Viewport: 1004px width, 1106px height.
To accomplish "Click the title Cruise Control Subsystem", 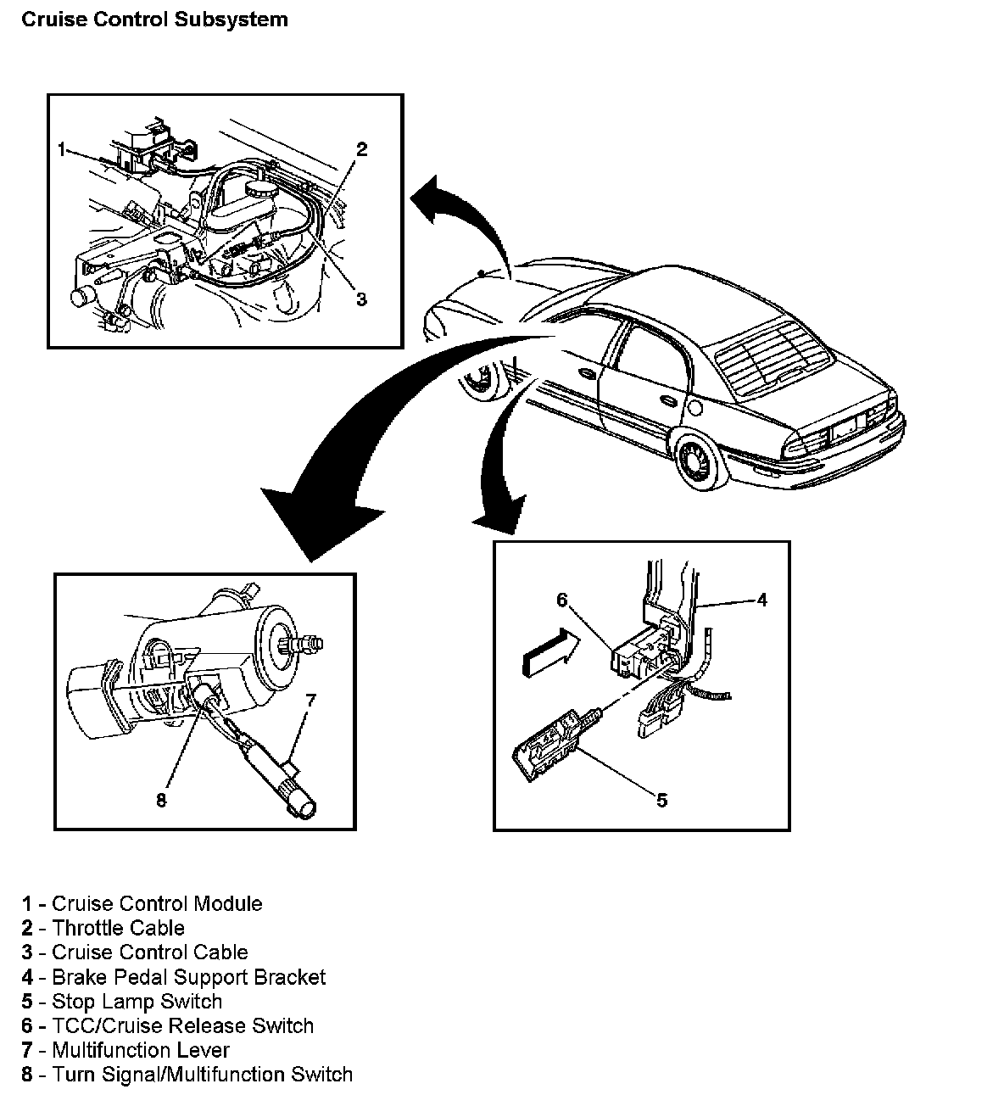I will pos(154,20).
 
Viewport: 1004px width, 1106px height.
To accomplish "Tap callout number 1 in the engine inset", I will pos(62,150).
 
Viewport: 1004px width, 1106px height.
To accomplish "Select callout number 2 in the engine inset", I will pos(361,150).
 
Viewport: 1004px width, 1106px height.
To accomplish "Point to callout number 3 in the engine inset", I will pos(361,299).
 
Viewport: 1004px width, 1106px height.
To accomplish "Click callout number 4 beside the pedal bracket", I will pos(762,600).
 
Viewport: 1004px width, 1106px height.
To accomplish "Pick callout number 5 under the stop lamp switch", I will pos(661,799).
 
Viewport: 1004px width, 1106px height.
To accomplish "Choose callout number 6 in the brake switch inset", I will pos(561,600).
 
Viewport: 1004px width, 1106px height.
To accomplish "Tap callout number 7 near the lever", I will pos(311,700).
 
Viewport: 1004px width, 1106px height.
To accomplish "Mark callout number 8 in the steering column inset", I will pos(161,799).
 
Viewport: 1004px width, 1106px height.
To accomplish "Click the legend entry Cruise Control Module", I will pos(157,903).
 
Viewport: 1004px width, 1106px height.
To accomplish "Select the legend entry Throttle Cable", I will pos(118,928).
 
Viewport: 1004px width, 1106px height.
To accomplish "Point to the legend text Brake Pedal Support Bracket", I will pos(188,977).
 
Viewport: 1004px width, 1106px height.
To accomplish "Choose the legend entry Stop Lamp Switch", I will pos(137,1002).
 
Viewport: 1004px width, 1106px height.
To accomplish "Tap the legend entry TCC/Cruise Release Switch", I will pos(182,1026).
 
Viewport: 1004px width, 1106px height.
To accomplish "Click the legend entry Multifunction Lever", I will pos(141,1051).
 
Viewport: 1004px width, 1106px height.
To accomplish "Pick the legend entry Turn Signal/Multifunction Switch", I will pos(202,1075).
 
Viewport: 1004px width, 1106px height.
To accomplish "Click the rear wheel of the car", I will pos(701,458).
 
